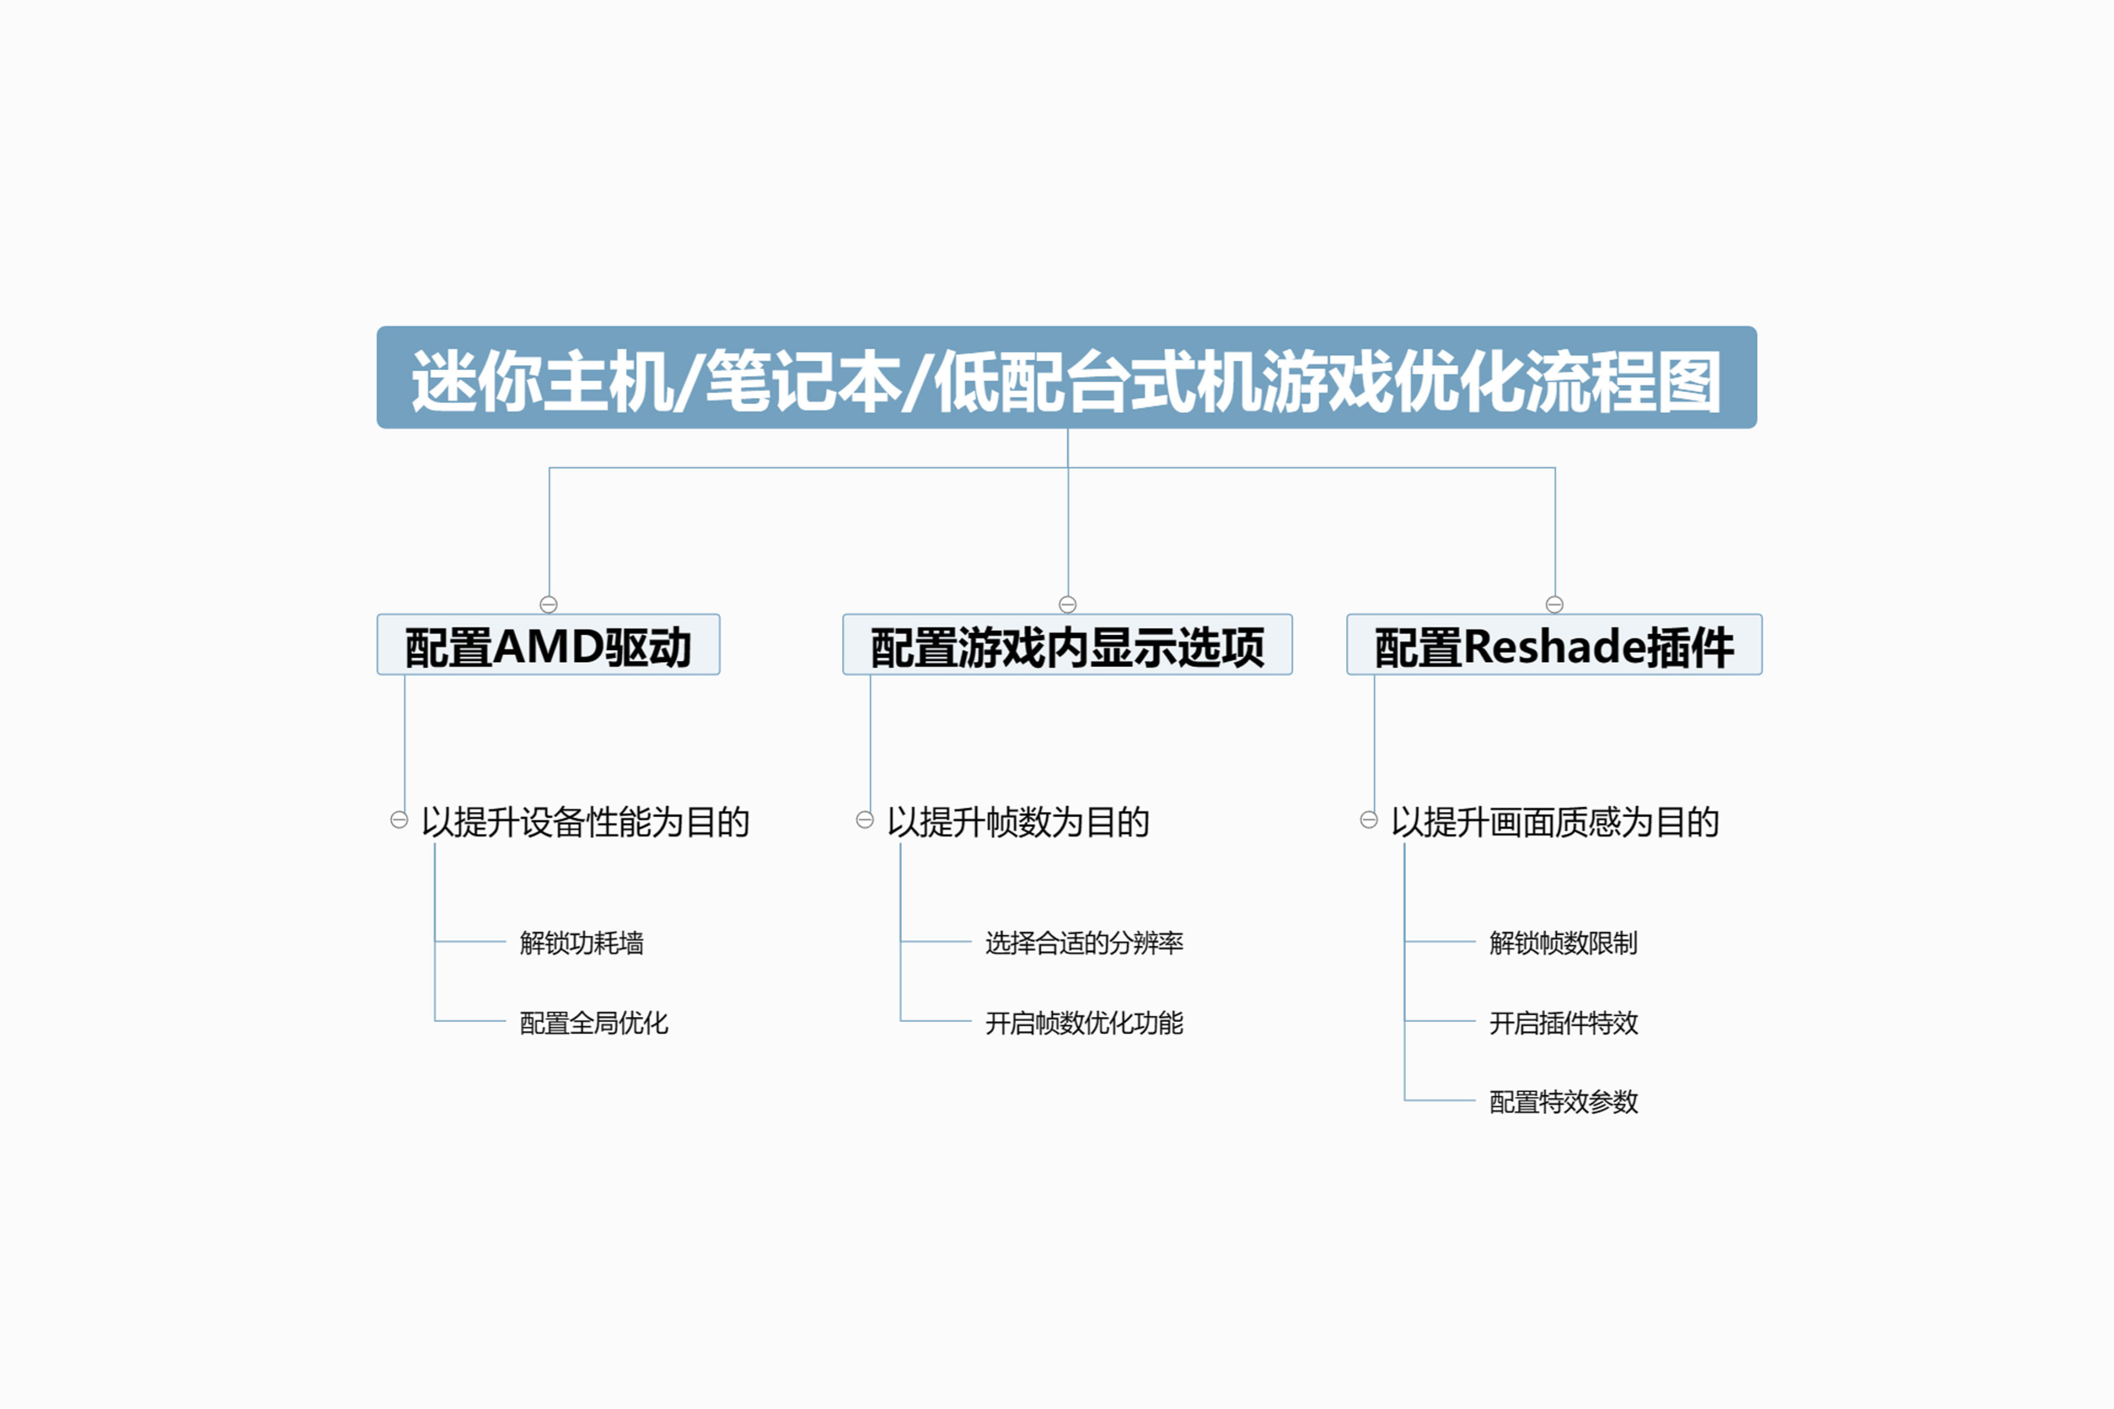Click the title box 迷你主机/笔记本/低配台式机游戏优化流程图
(x=1067, y=378)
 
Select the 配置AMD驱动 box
(x=548, y=644)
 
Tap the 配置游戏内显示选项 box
(x=1067, y=644)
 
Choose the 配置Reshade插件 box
(x=1554, y=644)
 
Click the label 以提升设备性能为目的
(x=585, y=822)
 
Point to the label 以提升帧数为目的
(x=1018, y=822)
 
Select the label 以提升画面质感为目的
(x=1555, y=822)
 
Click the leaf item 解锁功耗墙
(x=581, y=943)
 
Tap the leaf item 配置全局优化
(x=594, y=1022)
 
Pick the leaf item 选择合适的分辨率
(x=1084, y=943)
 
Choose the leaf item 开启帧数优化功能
(x=1084, y=1022)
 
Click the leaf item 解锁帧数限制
(x=1563, y=943)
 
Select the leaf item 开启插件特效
(x=1563, y=1022)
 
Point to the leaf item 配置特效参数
(x=1563, y=1102)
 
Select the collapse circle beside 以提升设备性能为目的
(x=399, y=820)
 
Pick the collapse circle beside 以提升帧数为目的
(x=865, y=820)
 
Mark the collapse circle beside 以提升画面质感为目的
(x=1369, y=820)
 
